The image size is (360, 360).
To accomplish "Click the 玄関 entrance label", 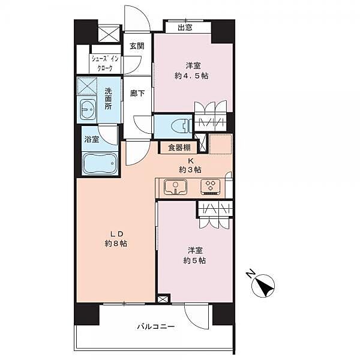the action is [137, 46].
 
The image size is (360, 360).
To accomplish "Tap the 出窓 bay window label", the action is [185, 28].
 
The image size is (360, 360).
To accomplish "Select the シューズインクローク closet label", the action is [105, 64].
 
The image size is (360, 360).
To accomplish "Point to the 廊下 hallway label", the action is [137, 93].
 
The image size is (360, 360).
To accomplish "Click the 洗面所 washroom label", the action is [108, 98].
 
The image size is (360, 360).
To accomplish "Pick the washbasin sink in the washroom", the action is [88, 109].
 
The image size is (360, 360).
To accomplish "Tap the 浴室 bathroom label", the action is [92, 139].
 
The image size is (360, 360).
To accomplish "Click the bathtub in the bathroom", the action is [100, 164].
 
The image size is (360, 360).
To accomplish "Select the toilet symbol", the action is [181, 126].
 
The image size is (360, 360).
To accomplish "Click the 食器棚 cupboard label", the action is [179, 148].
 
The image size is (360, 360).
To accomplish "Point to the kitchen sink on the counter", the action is [175, 187].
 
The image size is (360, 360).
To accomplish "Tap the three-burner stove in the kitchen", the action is [211, 187].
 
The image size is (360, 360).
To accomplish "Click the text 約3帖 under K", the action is [190, 170].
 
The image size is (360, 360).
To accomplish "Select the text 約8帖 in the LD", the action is [116, 244].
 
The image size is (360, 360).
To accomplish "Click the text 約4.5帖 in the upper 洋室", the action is [191, 76].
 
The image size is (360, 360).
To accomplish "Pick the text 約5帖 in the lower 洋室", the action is [194, 260].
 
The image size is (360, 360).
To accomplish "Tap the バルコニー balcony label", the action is [156, 326].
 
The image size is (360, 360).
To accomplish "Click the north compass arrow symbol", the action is [263, 286].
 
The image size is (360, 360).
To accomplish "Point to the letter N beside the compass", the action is [250, 274].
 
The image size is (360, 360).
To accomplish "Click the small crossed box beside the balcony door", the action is [163, 299].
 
